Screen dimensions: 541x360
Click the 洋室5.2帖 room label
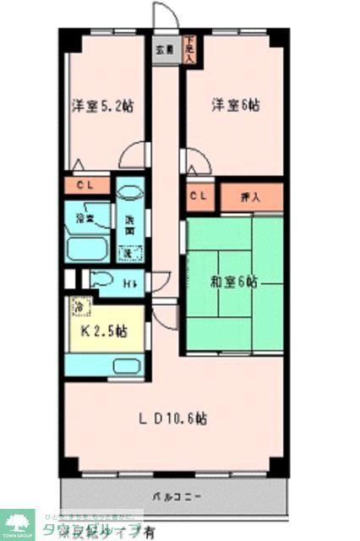[x=102, y=106]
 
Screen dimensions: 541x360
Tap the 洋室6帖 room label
[x=235, y=106]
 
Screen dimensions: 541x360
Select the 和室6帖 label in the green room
[x=233, y=281]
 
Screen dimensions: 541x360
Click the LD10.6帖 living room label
[x=173, y=418]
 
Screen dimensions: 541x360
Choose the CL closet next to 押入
[x=199, y=197]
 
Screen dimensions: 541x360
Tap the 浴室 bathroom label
[x=85, y=218]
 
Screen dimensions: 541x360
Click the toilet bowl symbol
[x=102, y=281]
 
